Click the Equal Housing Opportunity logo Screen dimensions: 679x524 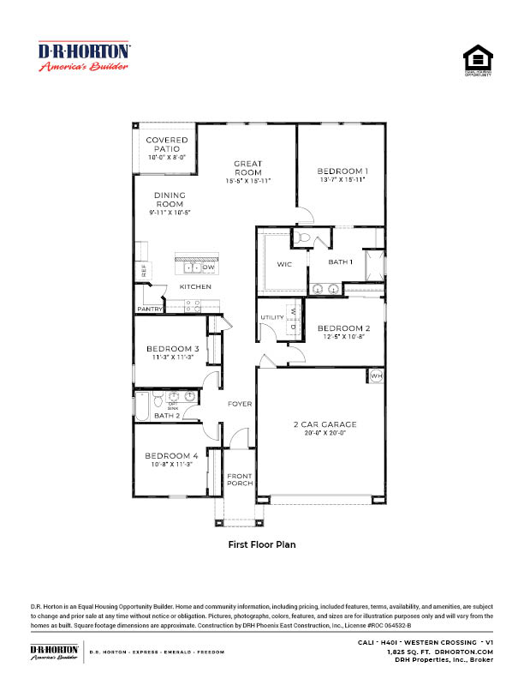click(x=479, y=61)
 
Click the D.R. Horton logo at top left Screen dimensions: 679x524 click(x=84, y=57)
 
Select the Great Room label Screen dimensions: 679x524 click(x=247, y=168)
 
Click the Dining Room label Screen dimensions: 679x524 click(x=170, y=200)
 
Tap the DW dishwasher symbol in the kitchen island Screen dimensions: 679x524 click(x=208, y=267)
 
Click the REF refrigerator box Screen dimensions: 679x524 click(x=144, y=271)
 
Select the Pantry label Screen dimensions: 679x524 click(x=150, y=309)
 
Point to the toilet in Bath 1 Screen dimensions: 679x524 click(x=306, y=239)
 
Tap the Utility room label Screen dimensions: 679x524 click(x=272, y=318)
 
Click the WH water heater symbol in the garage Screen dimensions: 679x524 click(x=376, y=376)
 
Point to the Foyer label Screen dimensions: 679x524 click(x=239, y=404)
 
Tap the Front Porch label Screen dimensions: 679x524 click(x=240, y=479)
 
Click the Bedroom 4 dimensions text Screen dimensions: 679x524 click(x=172, y=464)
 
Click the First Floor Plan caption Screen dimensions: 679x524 click(x=261, y=544)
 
